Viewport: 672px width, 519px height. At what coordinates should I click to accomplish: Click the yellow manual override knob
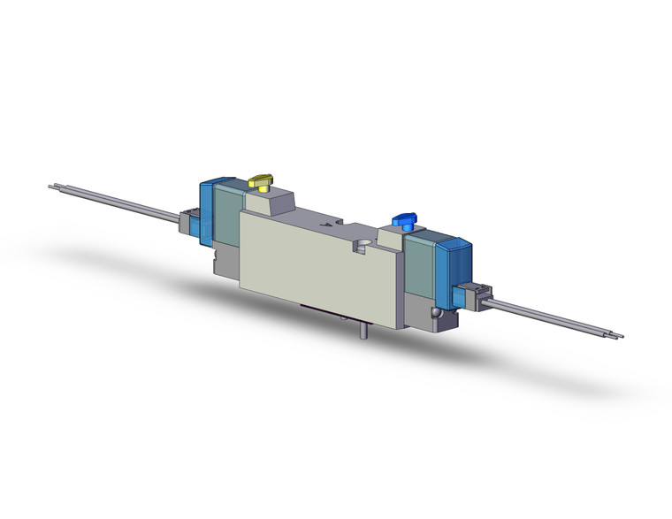click(261, 181)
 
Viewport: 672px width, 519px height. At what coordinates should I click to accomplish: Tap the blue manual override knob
click(403, 218)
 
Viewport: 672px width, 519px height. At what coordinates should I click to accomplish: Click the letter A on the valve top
click(328, 225)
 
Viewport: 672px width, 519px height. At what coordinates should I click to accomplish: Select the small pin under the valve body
click(363, 332)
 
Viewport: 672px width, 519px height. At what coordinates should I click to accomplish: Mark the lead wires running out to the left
click(124, 202)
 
